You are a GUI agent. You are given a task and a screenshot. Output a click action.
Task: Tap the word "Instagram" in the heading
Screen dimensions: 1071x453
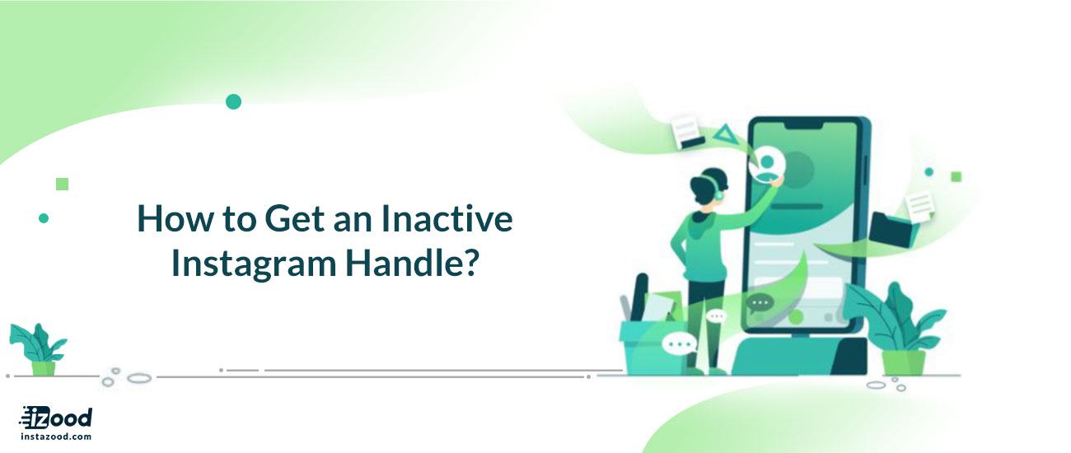254,264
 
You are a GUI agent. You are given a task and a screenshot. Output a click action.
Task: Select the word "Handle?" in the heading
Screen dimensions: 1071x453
412,263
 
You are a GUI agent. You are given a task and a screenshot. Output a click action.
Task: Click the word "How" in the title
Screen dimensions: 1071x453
175,219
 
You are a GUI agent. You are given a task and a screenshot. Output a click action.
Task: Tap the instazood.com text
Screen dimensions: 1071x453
56,437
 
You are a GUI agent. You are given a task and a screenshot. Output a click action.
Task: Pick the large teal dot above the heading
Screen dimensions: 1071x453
233,102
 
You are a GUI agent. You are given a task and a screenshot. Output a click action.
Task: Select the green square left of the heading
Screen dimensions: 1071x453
62,184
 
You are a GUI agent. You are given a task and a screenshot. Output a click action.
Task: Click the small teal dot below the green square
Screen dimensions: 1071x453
44,218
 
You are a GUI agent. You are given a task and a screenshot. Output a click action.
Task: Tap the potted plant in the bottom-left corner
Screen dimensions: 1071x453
40,349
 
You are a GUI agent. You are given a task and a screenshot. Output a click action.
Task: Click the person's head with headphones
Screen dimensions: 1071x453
709,188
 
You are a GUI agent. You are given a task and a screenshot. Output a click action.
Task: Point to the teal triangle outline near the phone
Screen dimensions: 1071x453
725,133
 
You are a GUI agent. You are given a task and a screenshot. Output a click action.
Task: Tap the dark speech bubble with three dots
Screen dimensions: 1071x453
760,303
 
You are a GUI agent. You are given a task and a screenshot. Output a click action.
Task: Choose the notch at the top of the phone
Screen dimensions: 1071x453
804,125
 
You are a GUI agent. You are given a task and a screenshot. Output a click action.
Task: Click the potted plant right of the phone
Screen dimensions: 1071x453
896,329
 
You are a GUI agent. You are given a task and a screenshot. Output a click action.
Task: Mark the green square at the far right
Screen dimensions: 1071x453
956,177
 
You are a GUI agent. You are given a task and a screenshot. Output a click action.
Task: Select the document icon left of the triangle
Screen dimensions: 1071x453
687,132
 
